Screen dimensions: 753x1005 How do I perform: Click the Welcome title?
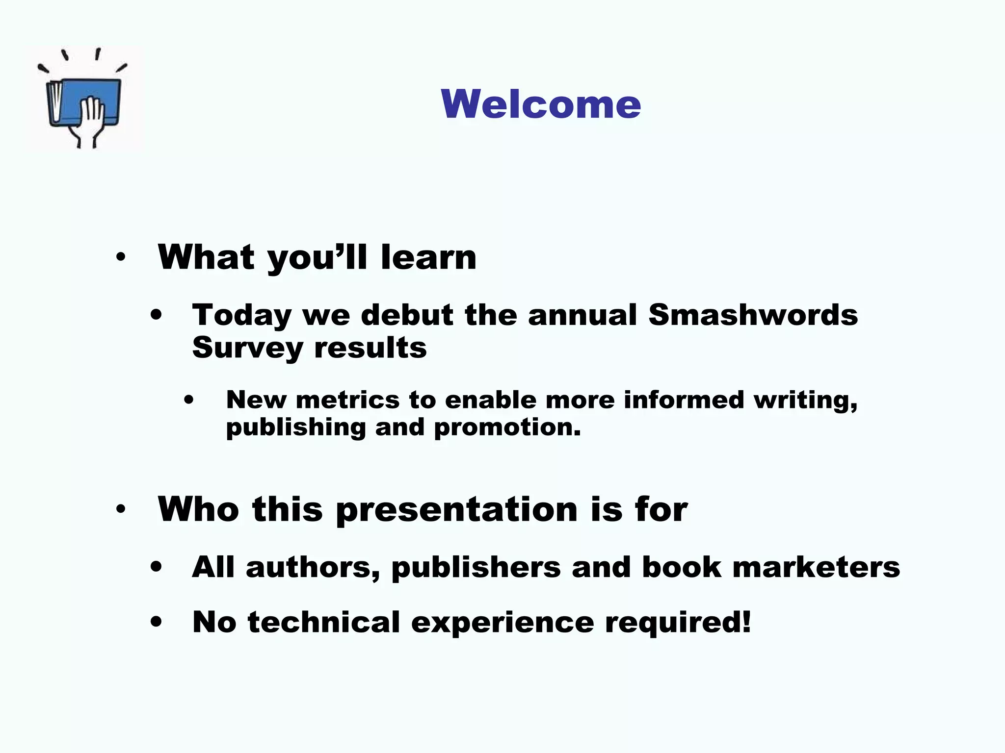541,104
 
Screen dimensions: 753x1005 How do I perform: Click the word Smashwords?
753,315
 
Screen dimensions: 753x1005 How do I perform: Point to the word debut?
407,315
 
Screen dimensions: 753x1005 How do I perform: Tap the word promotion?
507,427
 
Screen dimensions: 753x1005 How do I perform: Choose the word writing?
805,401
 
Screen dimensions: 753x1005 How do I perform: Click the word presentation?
457,510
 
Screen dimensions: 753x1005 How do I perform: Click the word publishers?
476,568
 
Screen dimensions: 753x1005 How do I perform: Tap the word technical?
324,622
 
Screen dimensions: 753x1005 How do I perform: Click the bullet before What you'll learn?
121,257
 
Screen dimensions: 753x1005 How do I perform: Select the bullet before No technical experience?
156,622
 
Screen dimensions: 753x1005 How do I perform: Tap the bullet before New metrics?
189,400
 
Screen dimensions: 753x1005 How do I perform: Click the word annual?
582,315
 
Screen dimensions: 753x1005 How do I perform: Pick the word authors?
313,568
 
